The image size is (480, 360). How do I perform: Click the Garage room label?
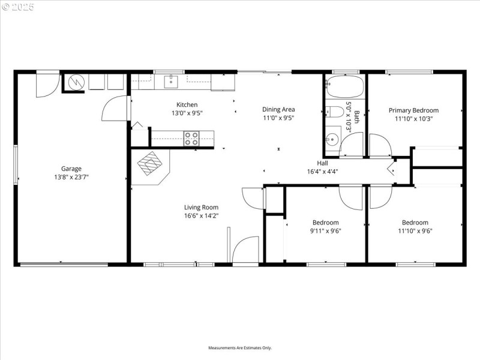pos(71,169)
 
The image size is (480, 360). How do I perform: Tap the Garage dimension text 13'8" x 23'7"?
pos(71,177)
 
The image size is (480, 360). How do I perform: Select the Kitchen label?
pos(187,105)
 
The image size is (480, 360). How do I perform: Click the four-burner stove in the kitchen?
pos(191,139)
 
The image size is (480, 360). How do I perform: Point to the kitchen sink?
pos(172,81)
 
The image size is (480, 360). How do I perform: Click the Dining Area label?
pos(278,109)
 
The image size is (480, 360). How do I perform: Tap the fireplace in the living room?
pos(151,163)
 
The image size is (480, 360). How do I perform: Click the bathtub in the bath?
pos(344,87)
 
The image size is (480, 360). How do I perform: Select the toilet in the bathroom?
pos(334,111)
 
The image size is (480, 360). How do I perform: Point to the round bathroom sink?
pos(332,140)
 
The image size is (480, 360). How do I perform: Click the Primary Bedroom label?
pos(413,110)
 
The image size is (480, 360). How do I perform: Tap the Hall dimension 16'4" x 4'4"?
pos(322,171)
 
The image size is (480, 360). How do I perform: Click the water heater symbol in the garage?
pos(76,82)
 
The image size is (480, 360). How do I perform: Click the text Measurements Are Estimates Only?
pos(240,348)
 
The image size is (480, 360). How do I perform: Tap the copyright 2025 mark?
pos(18,7)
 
